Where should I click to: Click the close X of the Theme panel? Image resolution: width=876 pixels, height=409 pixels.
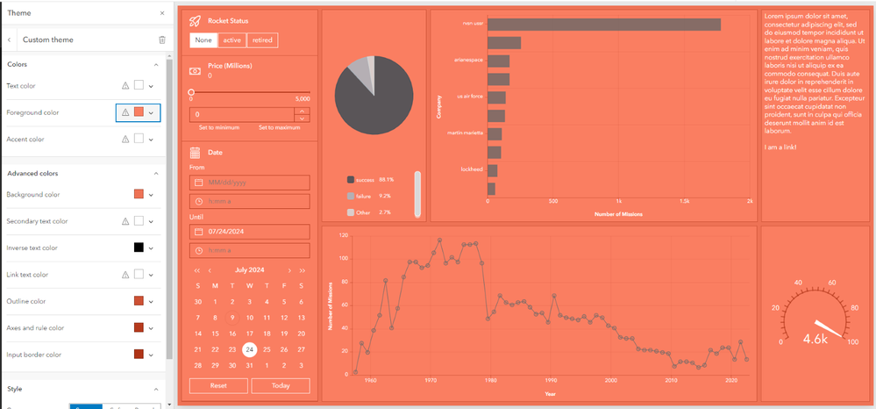[161, 13]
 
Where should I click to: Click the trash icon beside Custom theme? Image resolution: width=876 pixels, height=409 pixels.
[161, 40]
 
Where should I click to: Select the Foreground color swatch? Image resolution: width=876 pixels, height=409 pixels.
[139, 112]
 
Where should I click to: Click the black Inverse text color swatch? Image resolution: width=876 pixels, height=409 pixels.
[139, 248]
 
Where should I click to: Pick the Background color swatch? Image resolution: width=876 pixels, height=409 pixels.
[139, 194]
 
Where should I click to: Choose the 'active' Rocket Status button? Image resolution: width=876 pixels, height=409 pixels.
[232, 40]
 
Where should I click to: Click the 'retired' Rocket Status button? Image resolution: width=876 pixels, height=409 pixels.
[262, 40]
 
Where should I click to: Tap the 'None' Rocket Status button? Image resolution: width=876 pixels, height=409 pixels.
[203, 40]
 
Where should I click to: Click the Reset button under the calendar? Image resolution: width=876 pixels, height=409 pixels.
[217, 386]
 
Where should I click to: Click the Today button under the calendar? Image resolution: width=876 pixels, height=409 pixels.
[281, 386]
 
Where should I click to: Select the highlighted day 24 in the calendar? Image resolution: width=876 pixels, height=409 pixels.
[249, 349]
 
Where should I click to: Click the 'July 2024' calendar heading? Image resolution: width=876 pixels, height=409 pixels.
[249, 270]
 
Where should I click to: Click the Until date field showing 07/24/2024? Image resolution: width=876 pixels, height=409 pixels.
[250, 232]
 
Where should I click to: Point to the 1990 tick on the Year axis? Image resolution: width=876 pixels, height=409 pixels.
[551, 381]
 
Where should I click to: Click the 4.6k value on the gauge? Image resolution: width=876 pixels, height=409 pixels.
[815, 336]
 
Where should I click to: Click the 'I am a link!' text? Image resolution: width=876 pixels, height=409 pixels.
[780, 147]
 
